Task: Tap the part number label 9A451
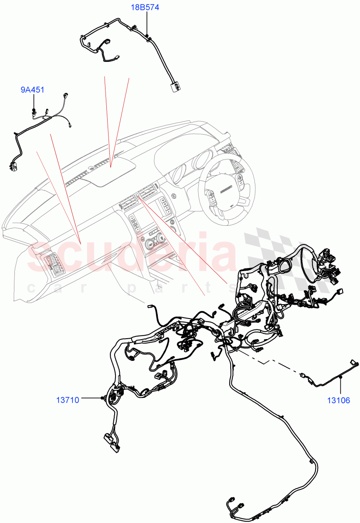(x=33, y=90)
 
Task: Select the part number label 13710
(x=68, y=399)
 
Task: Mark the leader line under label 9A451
(x=33, y=102)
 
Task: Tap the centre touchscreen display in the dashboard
(x=136, y=220)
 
